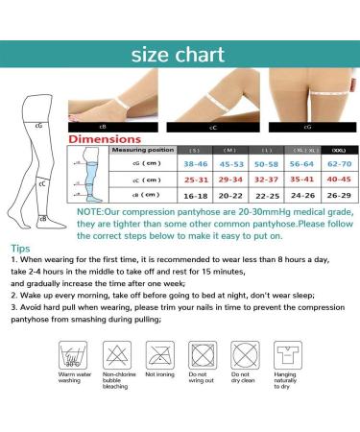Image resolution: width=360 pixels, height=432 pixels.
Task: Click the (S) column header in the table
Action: click(x=194, y=151)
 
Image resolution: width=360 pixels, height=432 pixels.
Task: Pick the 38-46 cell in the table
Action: click(x=195, y=164)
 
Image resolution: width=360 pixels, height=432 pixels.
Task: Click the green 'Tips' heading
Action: click(x=19, y=247)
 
